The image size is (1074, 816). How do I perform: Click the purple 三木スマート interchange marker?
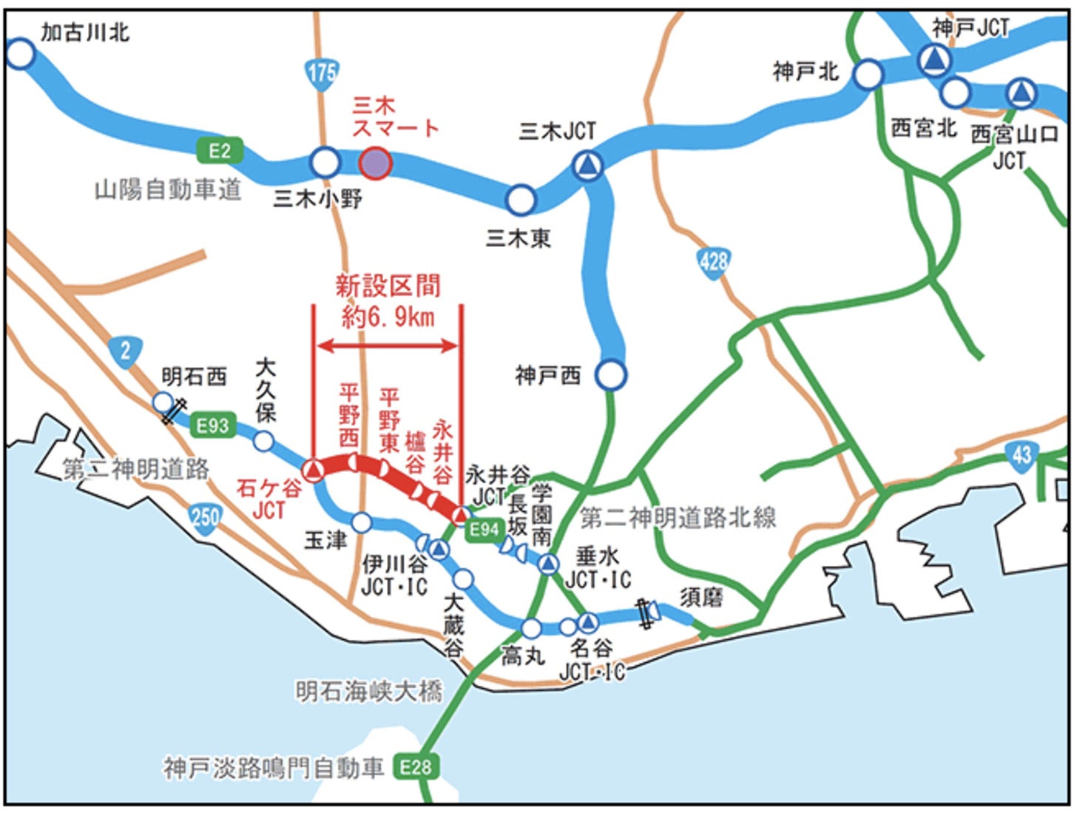(x=375, y=163)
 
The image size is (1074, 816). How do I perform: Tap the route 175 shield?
(x=321, y=73)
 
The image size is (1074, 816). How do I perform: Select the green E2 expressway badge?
(x=219, y=151)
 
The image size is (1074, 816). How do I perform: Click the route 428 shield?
(x=713, y=261)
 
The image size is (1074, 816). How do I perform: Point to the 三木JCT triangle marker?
(x=588, y=165)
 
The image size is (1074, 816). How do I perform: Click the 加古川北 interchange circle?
(x=20, y=54)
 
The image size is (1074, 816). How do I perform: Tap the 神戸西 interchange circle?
(x=611, y=375)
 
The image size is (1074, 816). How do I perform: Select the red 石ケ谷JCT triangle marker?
(x=314, y=469)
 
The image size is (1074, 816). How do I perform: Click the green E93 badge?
(x=212, y=425)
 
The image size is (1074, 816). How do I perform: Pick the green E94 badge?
(x=484, y=529)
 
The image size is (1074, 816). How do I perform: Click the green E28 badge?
(x=416, y=766)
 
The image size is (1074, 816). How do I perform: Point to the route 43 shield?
(x=1021, y=454)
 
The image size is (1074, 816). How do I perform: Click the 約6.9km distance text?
(x=388, y=317)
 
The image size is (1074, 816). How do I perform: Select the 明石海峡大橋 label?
(x=368, y=692)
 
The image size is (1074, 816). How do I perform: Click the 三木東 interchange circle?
(x=521, y=199)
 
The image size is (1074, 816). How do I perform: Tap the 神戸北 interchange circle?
(x=868, y=74)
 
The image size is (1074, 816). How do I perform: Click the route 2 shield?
(x=125, y=351)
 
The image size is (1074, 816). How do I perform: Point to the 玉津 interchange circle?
(x=361, y=523)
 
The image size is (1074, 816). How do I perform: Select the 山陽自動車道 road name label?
(x=168, y=190)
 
